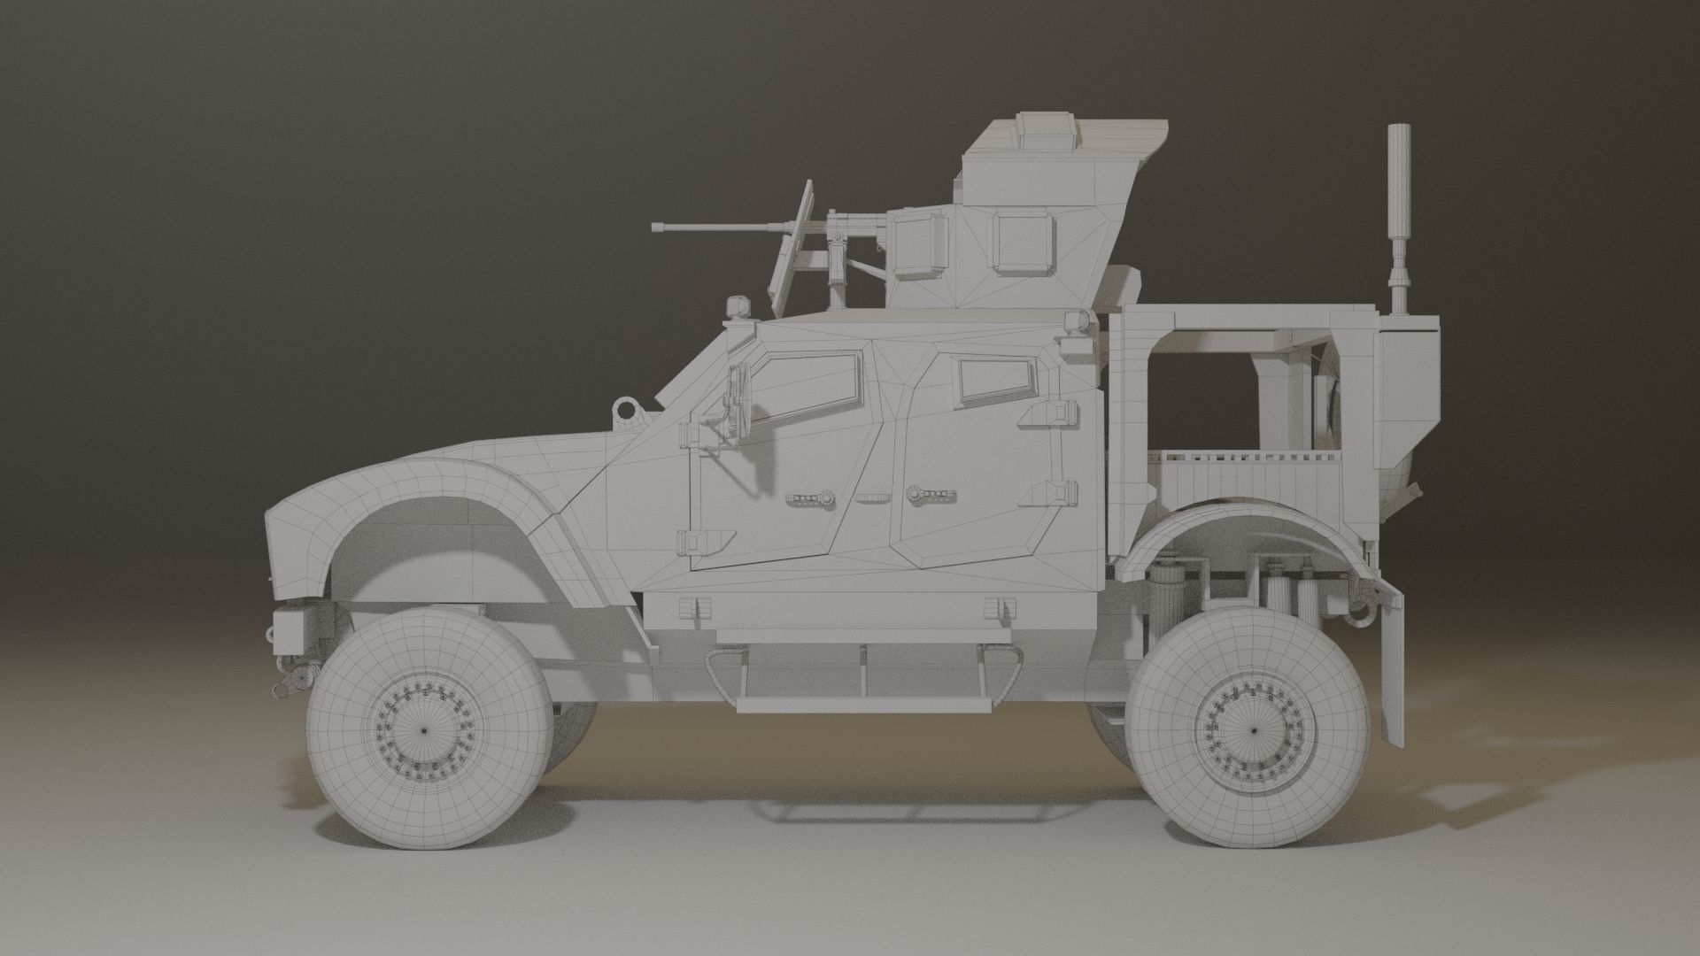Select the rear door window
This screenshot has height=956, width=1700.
[997, 379]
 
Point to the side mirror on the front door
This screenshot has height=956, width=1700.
[735, 404]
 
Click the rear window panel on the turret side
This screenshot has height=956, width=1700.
[1023, 242]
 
